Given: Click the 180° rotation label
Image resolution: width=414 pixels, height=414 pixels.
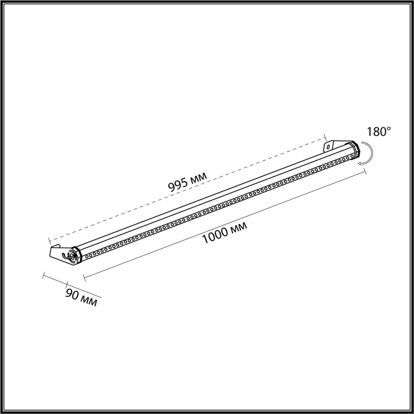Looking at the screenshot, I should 379,132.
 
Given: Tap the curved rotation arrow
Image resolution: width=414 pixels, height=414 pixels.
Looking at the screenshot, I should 368,153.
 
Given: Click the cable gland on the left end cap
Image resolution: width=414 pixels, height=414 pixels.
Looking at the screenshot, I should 71,255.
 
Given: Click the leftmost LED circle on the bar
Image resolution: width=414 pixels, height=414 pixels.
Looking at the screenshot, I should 87,256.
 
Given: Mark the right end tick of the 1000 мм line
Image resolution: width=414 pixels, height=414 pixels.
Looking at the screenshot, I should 365,172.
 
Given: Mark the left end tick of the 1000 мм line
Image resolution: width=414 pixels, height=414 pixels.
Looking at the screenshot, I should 84,278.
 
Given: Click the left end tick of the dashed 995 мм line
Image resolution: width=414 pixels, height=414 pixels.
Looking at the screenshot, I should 49,241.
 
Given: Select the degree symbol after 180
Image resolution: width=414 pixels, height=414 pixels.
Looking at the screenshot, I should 389,128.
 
